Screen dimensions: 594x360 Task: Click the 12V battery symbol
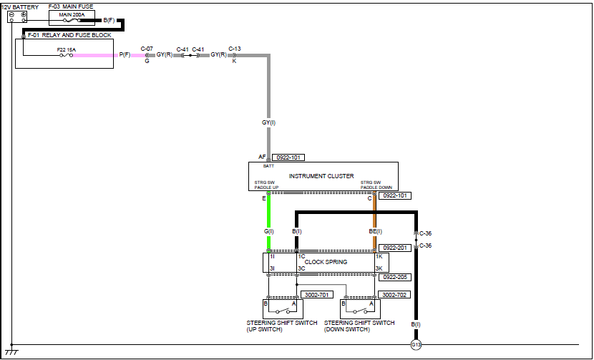[x=17, y=16]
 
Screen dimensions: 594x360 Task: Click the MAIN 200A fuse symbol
[x=72, y=20]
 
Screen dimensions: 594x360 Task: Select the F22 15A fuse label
[x=67, y=49]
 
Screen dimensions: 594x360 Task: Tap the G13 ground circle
[x=416, y=345]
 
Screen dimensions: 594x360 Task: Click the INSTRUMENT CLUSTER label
[x=321, y=176]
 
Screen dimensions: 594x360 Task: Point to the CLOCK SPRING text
[x=326, y=262]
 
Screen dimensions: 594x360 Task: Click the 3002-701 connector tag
[x=315, y=294]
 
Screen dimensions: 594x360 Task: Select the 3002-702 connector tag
[x=394, y=294]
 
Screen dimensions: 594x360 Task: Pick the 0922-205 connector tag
[x=395, y=277]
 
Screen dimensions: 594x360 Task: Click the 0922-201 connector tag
[x=395, y=248]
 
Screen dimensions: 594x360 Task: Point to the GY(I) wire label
[x=269, y=123]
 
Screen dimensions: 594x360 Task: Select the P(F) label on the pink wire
[x=125, y=55]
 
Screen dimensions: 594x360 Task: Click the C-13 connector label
[x=235, y=49]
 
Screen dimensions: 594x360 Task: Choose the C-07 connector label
[x=147, y=49]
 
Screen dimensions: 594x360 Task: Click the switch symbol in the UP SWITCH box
[x=283, y=311]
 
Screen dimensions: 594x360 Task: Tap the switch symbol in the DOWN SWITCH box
[x=360, y=311]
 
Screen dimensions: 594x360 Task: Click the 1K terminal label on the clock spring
[x=379, y=256]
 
